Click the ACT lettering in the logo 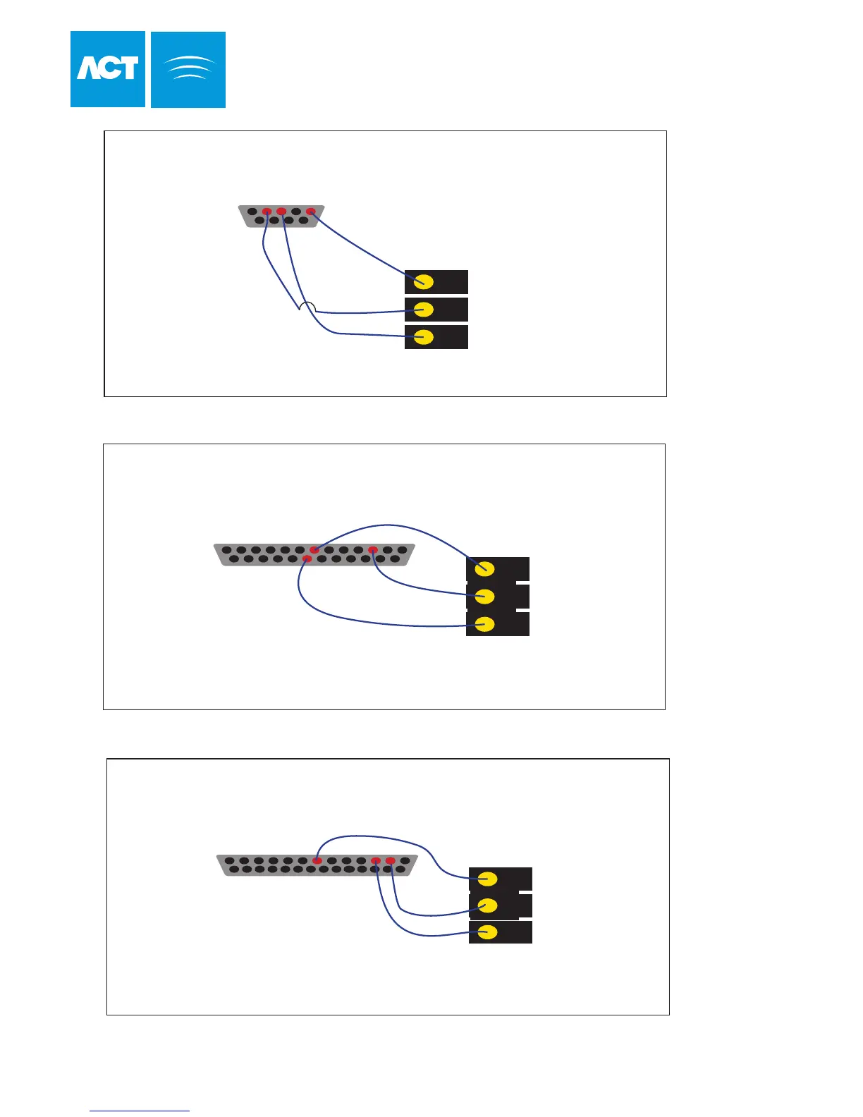(107, 68)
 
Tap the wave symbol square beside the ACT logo (188, 69)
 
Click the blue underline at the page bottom (140, 1111)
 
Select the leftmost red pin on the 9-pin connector (267, 212)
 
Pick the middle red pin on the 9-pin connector (281, 212)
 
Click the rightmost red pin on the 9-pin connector (310, 212)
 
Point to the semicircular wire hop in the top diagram (307, 306)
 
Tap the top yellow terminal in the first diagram (423, 282)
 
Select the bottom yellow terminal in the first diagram (423, 337)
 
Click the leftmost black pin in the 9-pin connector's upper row (252, 212)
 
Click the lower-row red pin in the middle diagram (307, 559)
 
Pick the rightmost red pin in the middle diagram (373, 550)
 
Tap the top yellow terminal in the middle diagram (484, 569)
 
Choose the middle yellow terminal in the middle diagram (484, 597)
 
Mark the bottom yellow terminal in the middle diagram (484, 624)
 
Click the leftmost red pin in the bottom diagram (318, 861)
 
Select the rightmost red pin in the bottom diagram (391, 861)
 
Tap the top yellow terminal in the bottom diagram (487, 879)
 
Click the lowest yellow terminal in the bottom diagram (487, 932)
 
